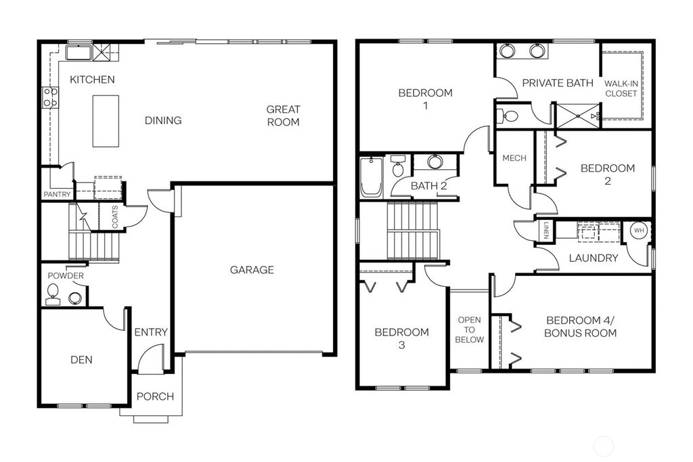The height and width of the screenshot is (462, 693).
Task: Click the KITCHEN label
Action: (92, 79)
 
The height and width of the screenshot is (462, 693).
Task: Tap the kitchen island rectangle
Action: (106, 120)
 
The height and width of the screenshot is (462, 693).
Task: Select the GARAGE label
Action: (252, 270)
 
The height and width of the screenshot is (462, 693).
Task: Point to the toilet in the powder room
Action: (52, 294)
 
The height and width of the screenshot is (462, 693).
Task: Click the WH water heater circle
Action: (638, 231)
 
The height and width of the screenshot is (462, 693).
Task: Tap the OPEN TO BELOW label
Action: (470, 329)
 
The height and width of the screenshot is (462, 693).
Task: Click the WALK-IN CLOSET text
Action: (621, 88)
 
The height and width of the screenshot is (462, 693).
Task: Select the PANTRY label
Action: (57, 195)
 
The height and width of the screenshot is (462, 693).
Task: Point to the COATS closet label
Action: (114, 216)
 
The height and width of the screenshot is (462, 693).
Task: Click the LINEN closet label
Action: (545, 230)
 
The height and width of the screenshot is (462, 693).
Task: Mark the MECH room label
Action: (514, 158)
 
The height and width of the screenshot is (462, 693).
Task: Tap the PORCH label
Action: (155, 396)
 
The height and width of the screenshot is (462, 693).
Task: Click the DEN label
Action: (81, 360)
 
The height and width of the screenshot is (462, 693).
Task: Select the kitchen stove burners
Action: (50, 97)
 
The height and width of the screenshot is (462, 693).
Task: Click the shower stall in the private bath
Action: (577, 116)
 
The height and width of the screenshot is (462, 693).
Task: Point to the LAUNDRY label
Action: (593, 258)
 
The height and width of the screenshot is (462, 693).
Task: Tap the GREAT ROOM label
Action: (283, 116)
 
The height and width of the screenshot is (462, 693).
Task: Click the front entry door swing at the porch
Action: (152, 359)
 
